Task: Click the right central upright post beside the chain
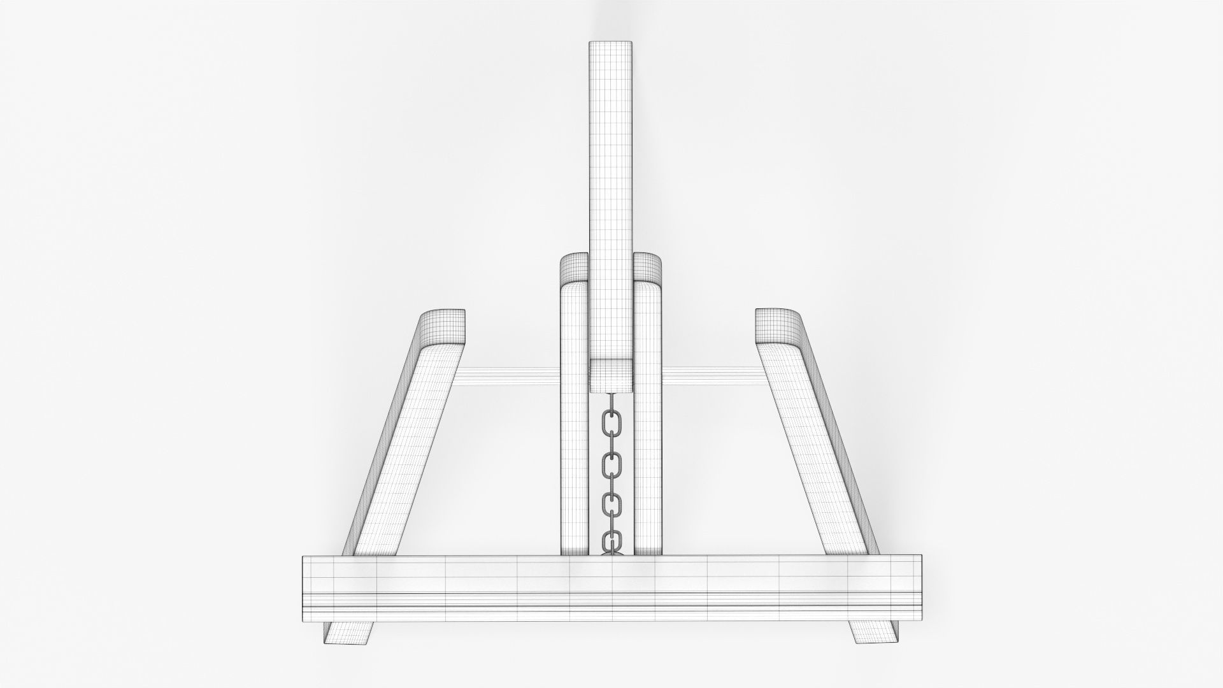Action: click(648, 446)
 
